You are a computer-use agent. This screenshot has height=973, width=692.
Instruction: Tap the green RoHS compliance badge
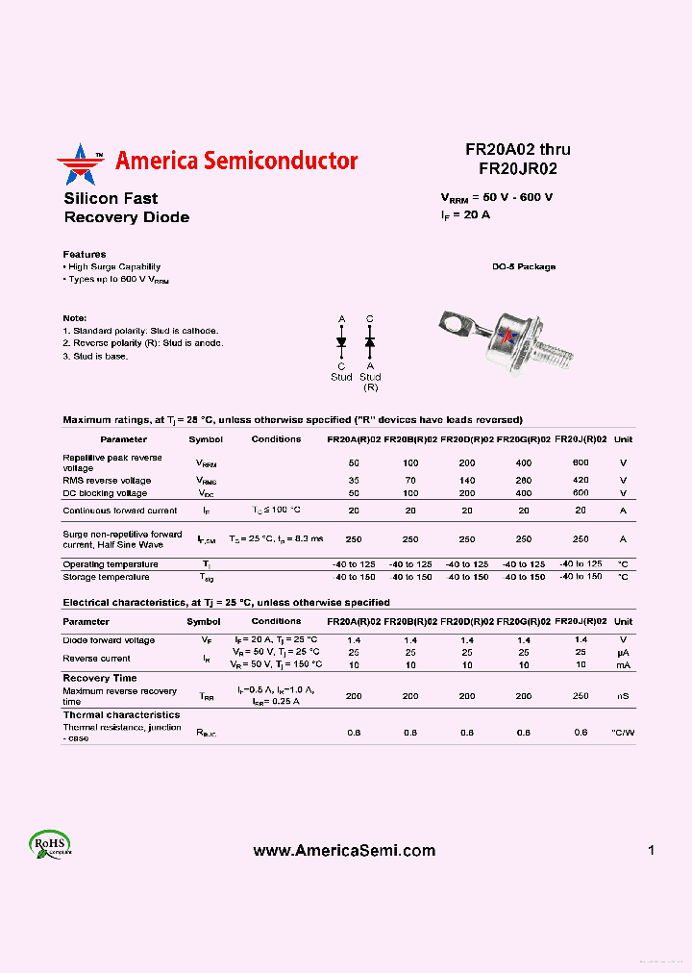coord(48,844)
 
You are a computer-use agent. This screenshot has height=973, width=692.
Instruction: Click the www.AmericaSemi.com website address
coord(344,851)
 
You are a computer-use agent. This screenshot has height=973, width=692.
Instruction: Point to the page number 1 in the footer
coord(651,851)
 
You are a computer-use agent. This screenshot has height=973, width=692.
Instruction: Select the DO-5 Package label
coord(523,267)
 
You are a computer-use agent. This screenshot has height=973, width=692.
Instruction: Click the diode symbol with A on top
coord(341,342)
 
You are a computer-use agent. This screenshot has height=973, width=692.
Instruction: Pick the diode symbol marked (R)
coord(370,342)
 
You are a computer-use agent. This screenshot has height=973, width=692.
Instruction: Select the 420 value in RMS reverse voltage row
coord(581,480)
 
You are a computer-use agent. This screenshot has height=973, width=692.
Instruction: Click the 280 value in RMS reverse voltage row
coord(524,480)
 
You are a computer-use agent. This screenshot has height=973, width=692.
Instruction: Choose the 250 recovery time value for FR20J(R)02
coord(581,696)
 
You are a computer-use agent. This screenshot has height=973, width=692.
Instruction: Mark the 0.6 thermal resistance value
coord(581,733)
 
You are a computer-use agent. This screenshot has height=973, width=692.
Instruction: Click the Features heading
coord(85,255)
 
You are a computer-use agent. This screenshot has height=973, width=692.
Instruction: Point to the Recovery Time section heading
coord(100,678)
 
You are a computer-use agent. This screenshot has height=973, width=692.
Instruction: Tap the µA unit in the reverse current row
coord(623,652)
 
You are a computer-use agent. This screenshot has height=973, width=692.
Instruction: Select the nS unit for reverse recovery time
coord(623,696)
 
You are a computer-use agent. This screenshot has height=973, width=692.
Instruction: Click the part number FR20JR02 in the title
coord(518,168)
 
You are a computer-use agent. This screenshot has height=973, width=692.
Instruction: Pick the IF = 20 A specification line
coord(465,215)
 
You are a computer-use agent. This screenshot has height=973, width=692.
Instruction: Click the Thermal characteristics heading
coord(121,715)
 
